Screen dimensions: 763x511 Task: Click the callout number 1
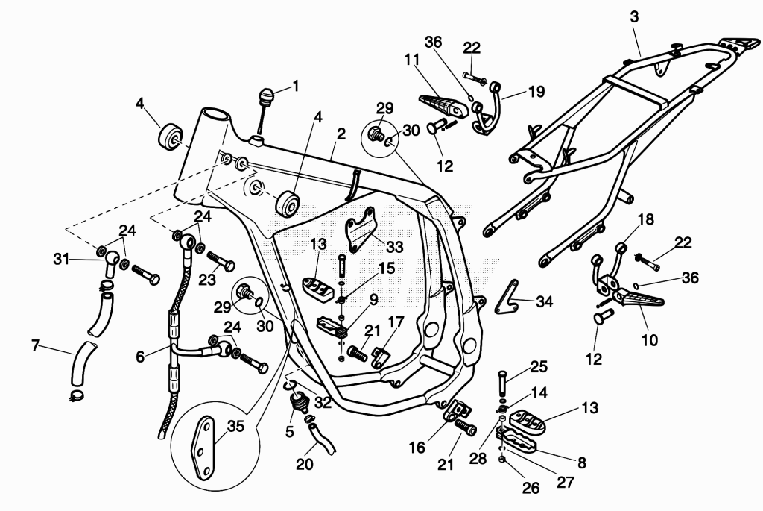[295, 87]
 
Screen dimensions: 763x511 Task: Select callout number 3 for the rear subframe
[634, 16]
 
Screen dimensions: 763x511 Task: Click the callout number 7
[35, 345]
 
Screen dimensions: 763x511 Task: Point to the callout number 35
[235, 426]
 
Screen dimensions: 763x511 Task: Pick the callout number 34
[544, 301]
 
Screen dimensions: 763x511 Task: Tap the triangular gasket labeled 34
[506, 297]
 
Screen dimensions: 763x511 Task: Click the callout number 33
[394, 246]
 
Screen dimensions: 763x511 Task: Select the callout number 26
[531, 487]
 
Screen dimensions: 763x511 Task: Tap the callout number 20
[305, 464]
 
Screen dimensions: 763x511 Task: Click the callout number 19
[536, 92]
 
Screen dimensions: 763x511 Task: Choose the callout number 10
[650, 339]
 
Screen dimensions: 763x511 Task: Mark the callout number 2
[341, 134]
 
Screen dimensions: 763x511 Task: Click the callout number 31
[61, 260]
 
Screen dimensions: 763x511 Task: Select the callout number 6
[140, 357]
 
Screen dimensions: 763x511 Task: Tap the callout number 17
[396, 322]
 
